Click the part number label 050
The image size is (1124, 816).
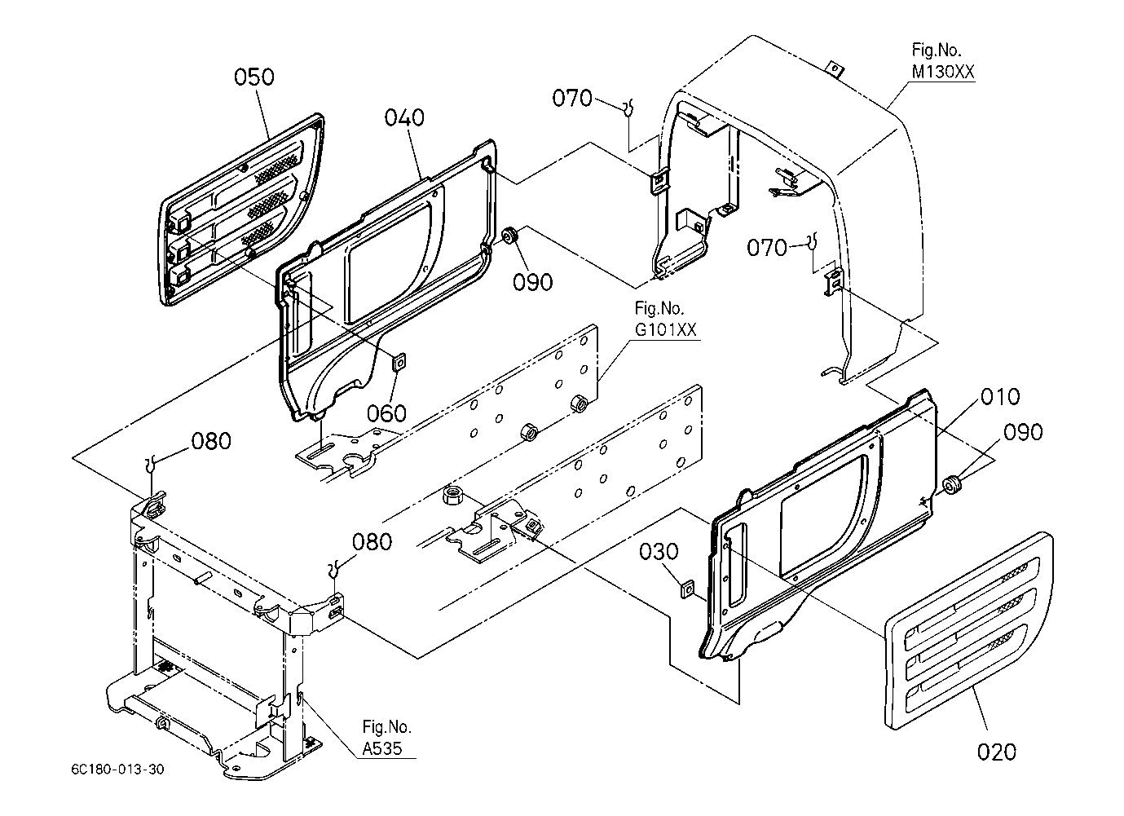(254, 77)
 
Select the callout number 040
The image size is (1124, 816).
(404, 117)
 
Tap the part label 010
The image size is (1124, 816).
(1000, 397)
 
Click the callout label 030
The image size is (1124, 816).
(659, 552)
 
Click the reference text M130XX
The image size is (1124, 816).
(943, 73)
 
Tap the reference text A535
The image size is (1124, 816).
(382, 748)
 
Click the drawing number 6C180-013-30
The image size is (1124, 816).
(117, 769)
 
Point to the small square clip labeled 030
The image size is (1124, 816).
(687, 588)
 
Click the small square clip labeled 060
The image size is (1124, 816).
(399, 359)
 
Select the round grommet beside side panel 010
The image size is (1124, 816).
(951, 487)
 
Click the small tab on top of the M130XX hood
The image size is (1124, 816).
(832, 66)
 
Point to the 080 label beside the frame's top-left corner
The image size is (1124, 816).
(211, 441)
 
